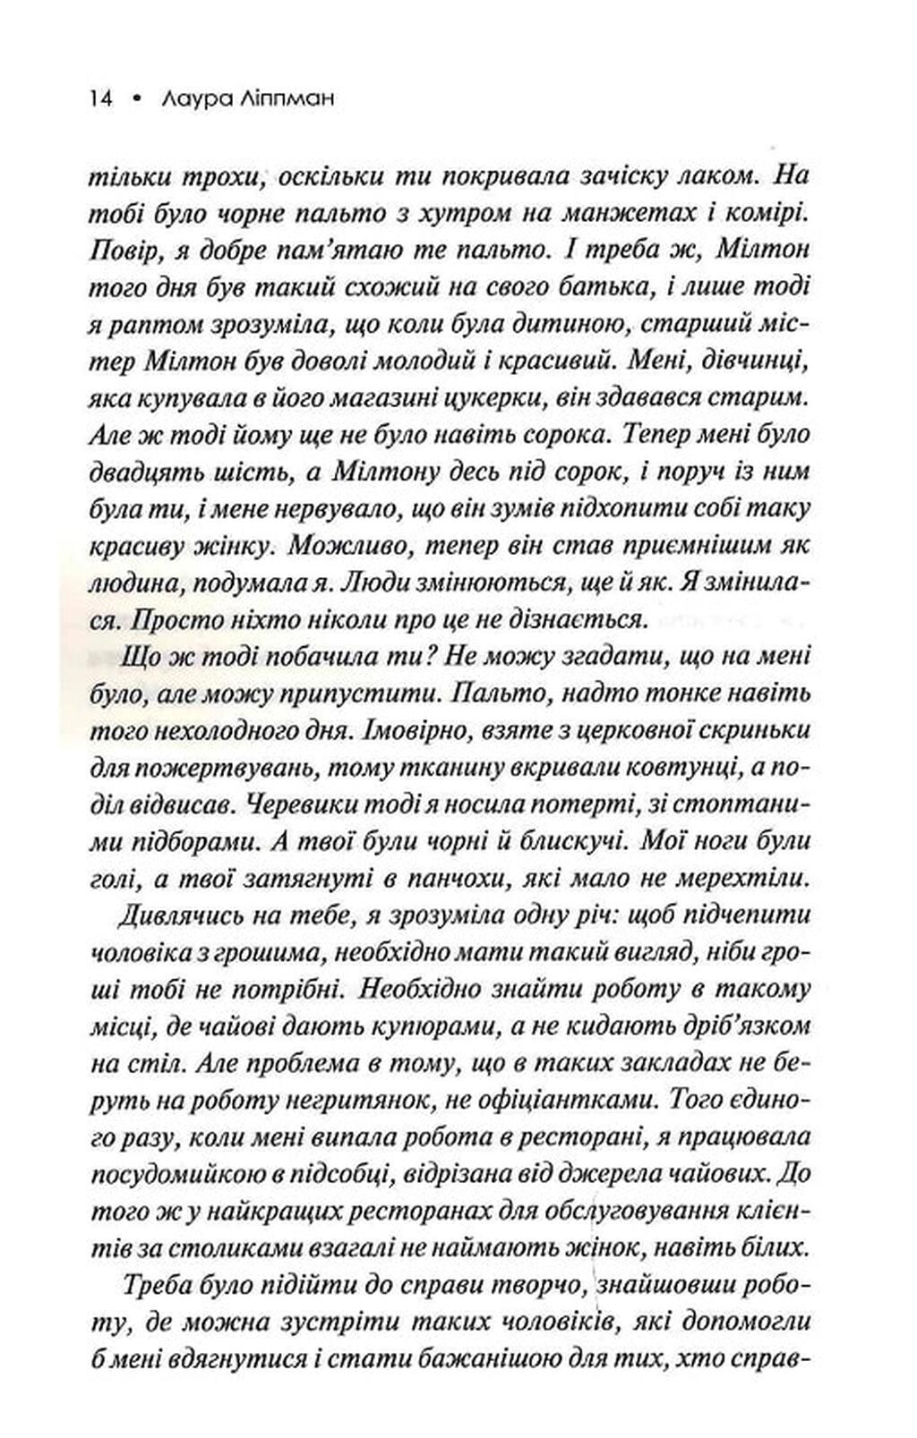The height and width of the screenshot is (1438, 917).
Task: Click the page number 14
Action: coord(99,99)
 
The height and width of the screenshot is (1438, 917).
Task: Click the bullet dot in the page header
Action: coord(136,100)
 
